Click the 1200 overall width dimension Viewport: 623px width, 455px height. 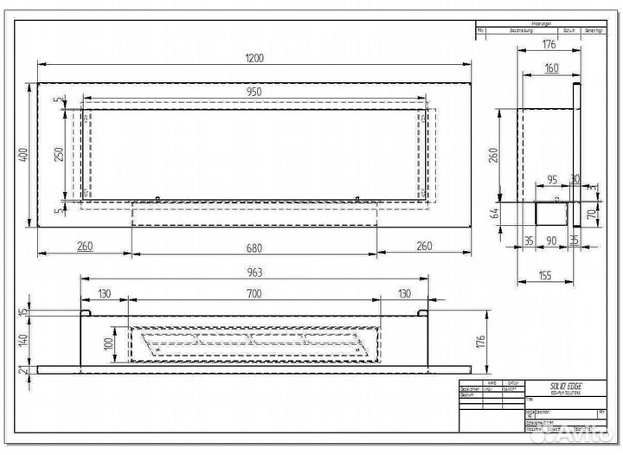[254, 58]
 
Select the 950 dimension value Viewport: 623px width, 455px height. [254, 91]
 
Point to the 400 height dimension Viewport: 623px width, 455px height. [23, 154]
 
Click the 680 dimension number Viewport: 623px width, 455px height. [254, 247]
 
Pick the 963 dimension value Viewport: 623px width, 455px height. [254, 272]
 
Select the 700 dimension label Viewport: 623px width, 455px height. [254, 294]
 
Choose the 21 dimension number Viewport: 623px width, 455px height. [23, 371]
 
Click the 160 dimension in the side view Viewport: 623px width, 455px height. [550, 67]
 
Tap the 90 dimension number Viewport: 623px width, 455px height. [551, 241]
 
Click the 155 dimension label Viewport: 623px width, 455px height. [543, 276]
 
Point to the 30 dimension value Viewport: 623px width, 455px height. [575, 180]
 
